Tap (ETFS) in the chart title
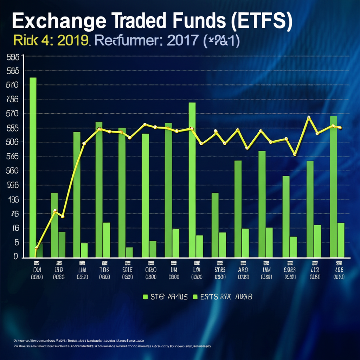click(261, 22)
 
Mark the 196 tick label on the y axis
click(13, 200)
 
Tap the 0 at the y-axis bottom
click(15, 257)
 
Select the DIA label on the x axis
click(37, 270)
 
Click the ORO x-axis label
click(151, 270)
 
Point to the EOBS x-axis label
click(290, 270)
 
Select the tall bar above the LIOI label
click(192, 179)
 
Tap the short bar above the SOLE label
click(129, 252)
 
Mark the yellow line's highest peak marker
click(309, 117)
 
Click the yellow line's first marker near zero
click(37, 248)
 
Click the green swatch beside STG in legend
click(145, 297)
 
